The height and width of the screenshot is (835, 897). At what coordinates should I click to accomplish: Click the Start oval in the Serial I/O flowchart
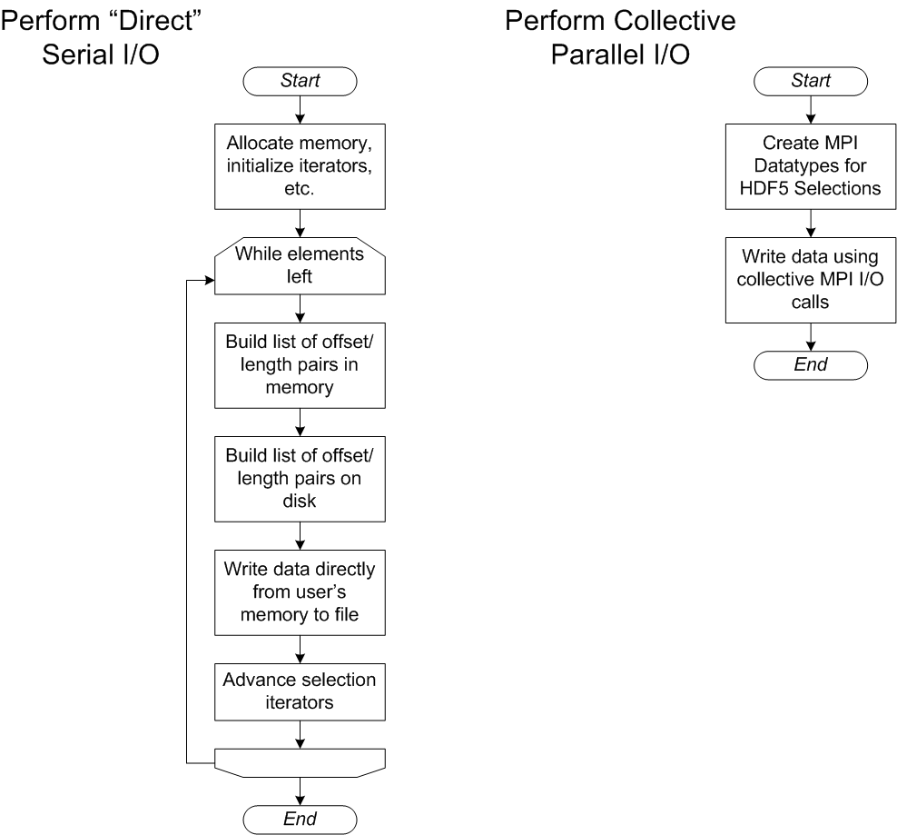(x=300, y=80)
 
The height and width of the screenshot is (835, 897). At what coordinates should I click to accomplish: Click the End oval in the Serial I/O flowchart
(x=300, y=818)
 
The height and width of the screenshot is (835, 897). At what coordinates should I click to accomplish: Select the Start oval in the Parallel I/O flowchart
(x=811, y=80)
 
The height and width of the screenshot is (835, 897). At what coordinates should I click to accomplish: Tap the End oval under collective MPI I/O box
(x=811, y=364)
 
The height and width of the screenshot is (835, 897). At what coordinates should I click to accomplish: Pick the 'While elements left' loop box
(x=300, y=263)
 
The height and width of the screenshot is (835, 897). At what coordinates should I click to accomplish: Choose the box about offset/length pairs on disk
(x=300, y=475)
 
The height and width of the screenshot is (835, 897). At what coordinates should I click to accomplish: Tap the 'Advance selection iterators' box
(x=300, y=690)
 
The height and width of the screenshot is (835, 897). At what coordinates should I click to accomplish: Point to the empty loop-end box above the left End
(x=300, y=761)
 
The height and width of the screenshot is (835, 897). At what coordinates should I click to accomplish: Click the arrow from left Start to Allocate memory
(x=300, y=109)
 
